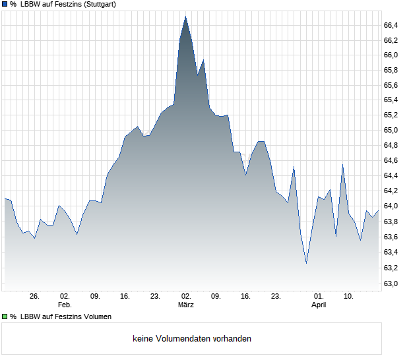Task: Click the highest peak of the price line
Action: coord(185,16)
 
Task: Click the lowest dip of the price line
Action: coord(306,263)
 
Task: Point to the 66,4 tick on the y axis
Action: coord(391,25)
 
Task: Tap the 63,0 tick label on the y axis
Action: coord(391,284)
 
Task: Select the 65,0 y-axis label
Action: coord(391,130)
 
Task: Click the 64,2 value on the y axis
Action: coord(391,191)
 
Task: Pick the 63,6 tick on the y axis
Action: coord(391,237)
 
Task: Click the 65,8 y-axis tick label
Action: coord(391,71)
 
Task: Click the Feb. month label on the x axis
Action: coord(65,305)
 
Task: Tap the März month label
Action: coord(185,305)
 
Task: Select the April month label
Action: coord(319,305)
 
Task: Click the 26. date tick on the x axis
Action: coord(35,297)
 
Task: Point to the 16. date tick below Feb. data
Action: coord(125,297)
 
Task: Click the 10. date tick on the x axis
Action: coord(349,297)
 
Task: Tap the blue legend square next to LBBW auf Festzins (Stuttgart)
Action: coord(5,5)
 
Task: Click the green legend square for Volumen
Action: coord(5,316)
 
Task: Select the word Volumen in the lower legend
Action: coord(95,316)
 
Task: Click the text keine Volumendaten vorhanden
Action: coord(192,339)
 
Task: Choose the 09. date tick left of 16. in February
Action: coord(95,297)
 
